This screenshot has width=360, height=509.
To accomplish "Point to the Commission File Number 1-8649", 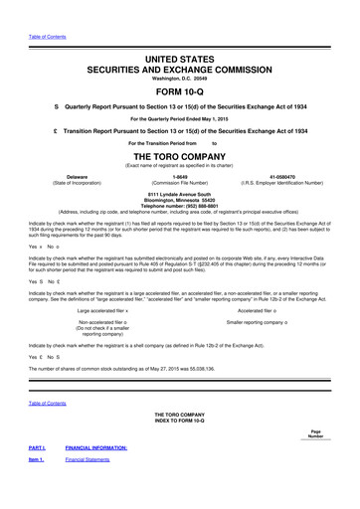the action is [x=180, y=176].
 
